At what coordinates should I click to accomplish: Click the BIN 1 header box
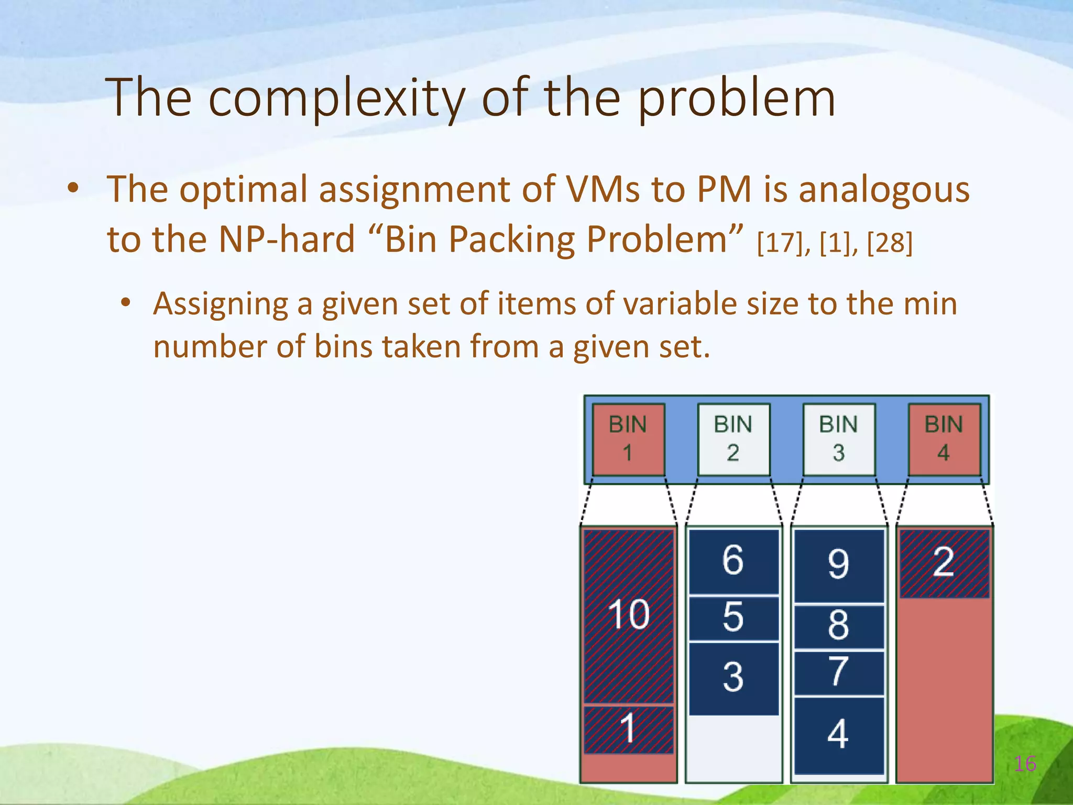(628, 439)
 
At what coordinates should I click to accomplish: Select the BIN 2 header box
(733, 439)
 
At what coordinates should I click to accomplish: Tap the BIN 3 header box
(839, 439)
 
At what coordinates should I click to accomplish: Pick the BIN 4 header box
(944, 439)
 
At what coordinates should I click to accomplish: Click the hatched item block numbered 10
(628, 616)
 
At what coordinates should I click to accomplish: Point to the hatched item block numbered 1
(628, 730)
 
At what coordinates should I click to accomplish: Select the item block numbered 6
(733, 561)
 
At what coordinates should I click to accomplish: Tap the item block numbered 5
(733, 618)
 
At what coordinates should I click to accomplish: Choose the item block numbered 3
(733, 678)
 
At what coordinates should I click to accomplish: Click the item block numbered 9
(839, 565)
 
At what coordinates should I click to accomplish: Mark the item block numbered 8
(839, 627)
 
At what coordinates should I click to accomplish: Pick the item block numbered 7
(839, 673)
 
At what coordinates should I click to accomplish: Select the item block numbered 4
(839, 735)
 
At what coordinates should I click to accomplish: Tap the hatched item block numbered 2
(944, 563)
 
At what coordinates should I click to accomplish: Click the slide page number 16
(1025, 764)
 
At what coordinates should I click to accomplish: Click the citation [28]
(890, 243)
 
